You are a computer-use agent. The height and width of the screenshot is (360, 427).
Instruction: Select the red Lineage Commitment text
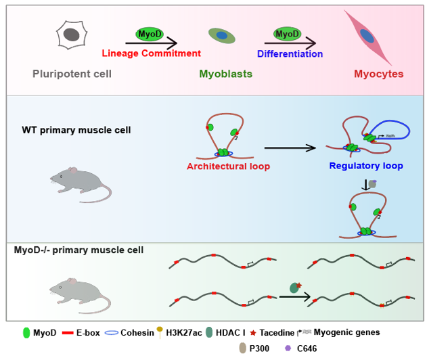(x=152, y=53)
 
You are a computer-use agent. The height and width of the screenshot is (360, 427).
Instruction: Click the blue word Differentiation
(x=289, y=53)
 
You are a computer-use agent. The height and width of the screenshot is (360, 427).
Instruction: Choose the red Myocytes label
(x=378, y=73)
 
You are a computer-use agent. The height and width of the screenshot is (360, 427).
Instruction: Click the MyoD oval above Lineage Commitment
(x=151, y=34)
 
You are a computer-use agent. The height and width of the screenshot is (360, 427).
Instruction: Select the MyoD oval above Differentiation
(x=287, y=34)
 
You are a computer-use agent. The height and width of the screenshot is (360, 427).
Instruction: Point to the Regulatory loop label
(x=365, y=166)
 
